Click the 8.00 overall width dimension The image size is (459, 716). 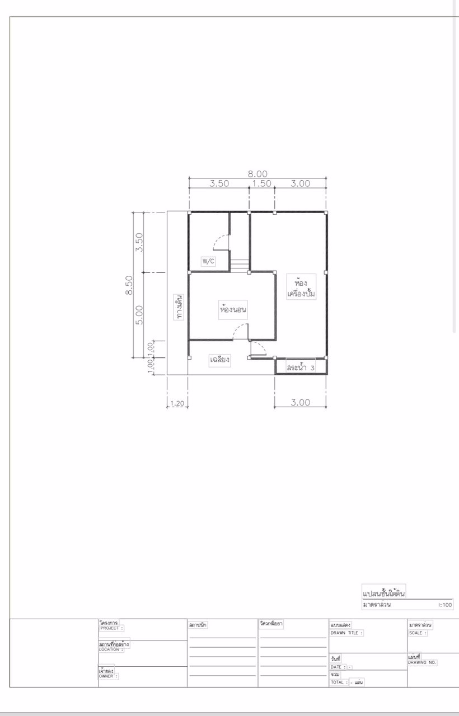257,173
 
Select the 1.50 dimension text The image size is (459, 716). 261,183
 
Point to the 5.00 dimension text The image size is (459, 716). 140,314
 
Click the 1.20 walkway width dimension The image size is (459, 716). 176,403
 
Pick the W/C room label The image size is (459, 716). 208,261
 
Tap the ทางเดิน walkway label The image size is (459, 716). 180,307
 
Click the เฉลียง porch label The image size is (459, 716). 219,360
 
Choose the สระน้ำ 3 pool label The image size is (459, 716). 300,368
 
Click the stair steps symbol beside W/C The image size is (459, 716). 240,265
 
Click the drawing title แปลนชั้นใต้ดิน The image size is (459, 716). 384,592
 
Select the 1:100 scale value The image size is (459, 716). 445,605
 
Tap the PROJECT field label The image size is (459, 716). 111,628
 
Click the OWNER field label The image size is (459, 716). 108,676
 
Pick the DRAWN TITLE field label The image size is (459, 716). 346,633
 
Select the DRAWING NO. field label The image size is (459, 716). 422,662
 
